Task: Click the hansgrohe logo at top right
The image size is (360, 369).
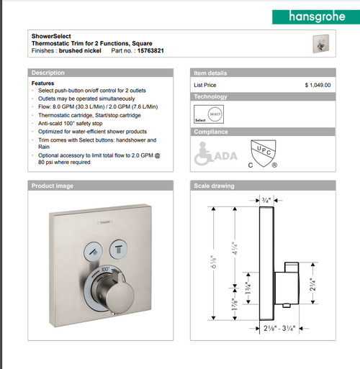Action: (310, 14)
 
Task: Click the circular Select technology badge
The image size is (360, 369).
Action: (215, 114)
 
